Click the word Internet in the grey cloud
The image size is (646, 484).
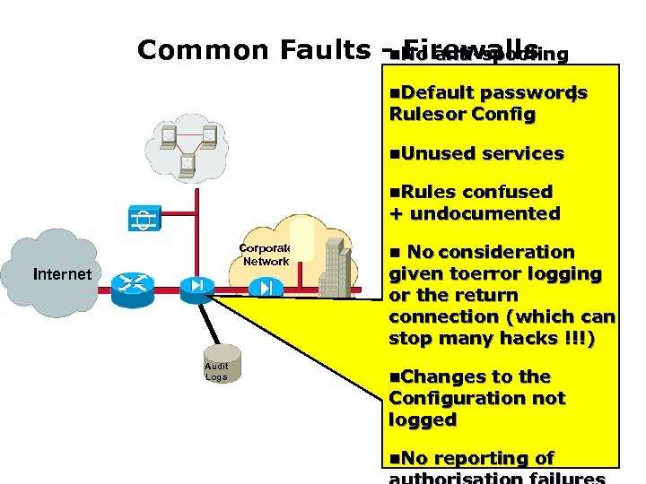[x=62, y=274]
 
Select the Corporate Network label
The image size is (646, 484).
[x=266, y=255]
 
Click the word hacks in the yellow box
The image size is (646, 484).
[x=546, y=338]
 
